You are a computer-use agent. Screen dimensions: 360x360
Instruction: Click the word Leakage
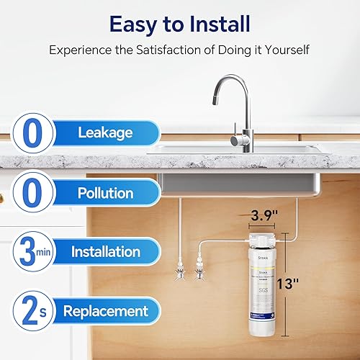tap(106, 134)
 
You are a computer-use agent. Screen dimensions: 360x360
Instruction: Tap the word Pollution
tap(106, 194)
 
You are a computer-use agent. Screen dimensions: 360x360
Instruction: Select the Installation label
tap(105, 252)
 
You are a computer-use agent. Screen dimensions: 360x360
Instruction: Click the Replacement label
tap(105, 312)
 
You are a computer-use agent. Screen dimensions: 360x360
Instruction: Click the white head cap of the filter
tap(257, 237)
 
